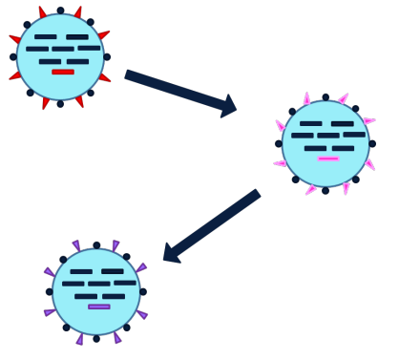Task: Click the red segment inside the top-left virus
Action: pyautogui.click(x=62, y=72)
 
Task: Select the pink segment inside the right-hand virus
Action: pyautogui.click(x=327, y=159)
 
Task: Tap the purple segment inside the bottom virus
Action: pyautogui.click(x=98, y=307)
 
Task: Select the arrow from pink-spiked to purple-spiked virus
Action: pyautogui.click(x=212, y=225)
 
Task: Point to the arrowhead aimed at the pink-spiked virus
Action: pyautogui.click(x=228, y=106)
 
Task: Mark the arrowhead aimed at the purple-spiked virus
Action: pyautogui.click(x=171, y=253)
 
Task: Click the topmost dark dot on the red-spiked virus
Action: pyautogui.click(x=60, y=11)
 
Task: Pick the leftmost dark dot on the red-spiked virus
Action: pyautogui.click(x=13, y=57)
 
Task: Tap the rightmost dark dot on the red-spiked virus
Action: pyautogui.click(x=107, y=57)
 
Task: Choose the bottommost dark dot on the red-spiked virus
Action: pyautogui.click(x=60, y=103)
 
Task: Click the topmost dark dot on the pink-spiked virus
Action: pyautogui.click(x=325, y=97)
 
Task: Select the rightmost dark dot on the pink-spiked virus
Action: pyautogui.click(x=372, y=144)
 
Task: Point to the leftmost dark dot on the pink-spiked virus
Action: pyautogui.click(x=279, y=144)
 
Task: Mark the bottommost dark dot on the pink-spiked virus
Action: pyautogui.click(x=325, y=191)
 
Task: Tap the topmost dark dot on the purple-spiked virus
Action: pyautogui.click(x=96, y=245)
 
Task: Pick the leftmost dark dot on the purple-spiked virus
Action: pyautogui.click(x=50, y=292)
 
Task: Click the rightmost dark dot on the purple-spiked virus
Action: pyautogui.click(x=143, y=292)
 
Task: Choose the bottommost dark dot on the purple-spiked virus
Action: pyautogui.click(x=96, y=339)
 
